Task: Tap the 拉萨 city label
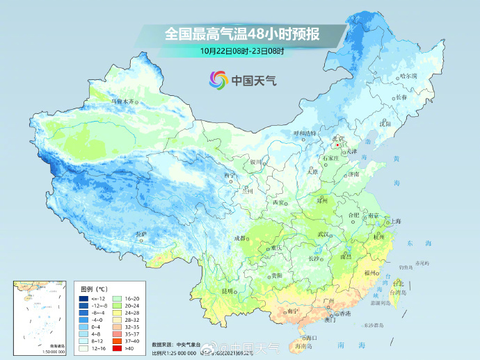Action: click(141, 234)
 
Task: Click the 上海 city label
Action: click(395, 221)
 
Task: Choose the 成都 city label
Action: click(241, 238)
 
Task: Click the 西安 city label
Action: click(278, 202)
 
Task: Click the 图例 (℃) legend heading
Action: click(93, 288)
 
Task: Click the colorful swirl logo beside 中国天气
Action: click(218, 79)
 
